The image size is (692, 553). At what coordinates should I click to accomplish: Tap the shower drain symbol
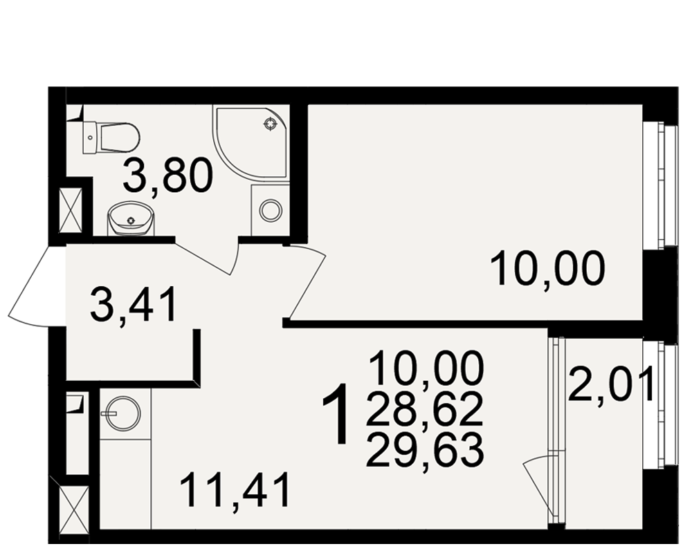(x=268, y=125)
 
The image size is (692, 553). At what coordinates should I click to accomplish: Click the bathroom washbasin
(x=131, y=218)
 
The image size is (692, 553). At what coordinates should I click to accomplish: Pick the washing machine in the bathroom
(x=271, y=210)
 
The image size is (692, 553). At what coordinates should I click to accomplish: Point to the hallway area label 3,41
(x=134, y=303)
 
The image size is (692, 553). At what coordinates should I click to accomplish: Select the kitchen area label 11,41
(x=236, y=489)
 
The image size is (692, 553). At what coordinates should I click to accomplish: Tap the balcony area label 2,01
(x=610, y=385)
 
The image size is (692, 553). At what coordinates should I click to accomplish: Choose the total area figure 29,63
(x=424, y=450)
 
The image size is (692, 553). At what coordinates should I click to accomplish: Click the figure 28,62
(x=424, y=409)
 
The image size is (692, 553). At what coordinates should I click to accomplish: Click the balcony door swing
(x=538, y=478)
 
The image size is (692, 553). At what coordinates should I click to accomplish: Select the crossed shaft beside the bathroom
(x=71, y=209)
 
